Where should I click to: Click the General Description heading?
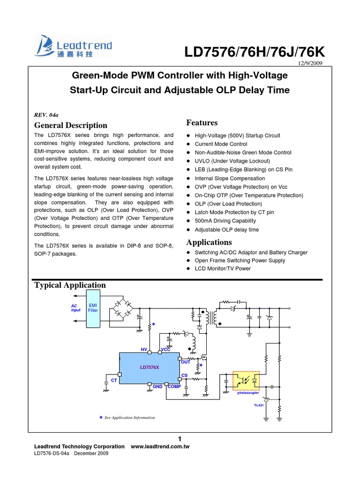tap(71, 125)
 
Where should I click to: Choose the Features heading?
tap(202, 123)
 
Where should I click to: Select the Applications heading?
tap(209, 242)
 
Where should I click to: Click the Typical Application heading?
tap(70, 285)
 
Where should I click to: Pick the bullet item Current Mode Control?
tap(221, 144)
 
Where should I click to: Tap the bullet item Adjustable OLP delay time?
tap(227, 230)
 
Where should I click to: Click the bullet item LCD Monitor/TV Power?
tap(223, 269)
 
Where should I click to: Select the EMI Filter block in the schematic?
tap(93, 308)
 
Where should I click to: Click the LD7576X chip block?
tap(149, 367)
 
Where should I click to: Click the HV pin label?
tap(144, 350)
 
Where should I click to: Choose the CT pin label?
tap(113, 380)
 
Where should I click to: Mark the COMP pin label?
tap(174, 387)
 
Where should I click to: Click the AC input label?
tap(75, 308)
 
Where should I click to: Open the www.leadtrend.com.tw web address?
tap(160, 447)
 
